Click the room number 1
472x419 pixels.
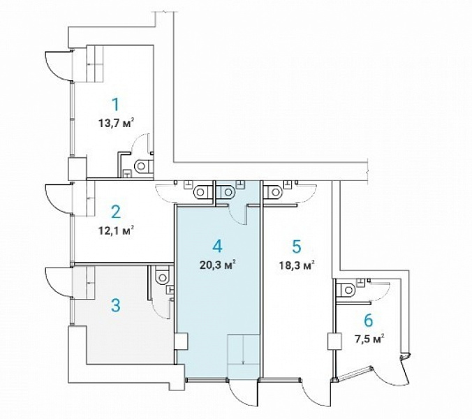pos(115,105)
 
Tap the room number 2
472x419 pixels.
pos(116,212)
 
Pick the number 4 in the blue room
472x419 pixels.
pos(217,246)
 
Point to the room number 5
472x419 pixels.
pos(297,247)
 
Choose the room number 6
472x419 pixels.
pos(369,320)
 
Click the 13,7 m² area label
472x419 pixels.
pos(116,123)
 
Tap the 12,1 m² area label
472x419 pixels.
pos(116,230)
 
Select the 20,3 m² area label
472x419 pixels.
pos(217,265)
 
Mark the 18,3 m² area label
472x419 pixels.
pos(297,265)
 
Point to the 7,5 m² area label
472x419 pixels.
pos(369,339)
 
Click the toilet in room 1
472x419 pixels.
pos(144,166)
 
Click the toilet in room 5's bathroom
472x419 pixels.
pos(272,192)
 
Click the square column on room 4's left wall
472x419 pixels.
pos(182,341)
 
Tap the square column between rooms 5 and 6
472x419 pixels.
pos(334,341)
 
